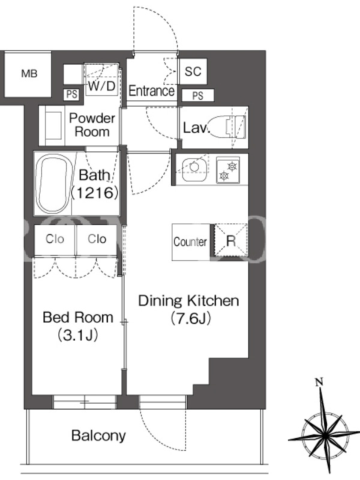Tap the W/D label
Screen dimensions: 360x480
pyautogui.click(x=101, y=86)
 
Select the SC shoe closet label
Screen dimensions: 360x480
pyautogui.click(x=193, y=71)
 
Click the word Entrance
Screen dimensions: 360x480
pyautogui.click(x=152, y=91)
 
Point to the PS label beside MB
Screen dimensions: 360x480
pyautogui.click(x=71, y=94)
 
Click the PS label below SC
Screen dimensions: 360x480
pyautogui.click(x=198, y=95)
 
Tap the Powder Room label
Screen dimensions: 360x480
pyautogui.click(x=92, y=125)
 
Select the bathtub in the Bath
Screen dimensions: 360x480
pyautogui.click(x=54, y=184)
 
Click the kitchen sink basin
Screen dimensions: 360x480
pyautogui.click(x=193, y=167)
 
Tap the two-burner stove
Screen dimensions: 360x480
pyautogui.click(x=228, y=170)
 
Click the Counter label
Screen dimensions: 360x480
pyautogui.click(x=190, y=242)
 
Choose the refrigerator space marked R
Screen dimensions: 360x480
pyautogui.click(x=231, y=240)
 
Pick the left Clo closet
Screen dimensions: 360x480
pyautogui.click(x=55, y=239)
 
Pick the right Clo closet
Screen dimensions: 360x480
pyautogui.click(x=97, y=239)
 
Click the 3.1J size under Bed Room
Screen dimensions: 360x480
pyautogui.click(x=78, y=335)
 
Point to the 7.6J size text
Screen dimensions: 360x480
pyautogui.click(x=190, y=318)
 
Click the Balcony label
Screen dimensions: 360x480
pyautogui.click(x=98, y=436)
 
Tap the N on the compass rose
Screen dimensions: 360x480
pyautogui.click(x=319, y=382)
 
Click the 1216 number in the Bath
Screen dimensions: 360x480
pyautogui.click(x=95, y=193)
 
